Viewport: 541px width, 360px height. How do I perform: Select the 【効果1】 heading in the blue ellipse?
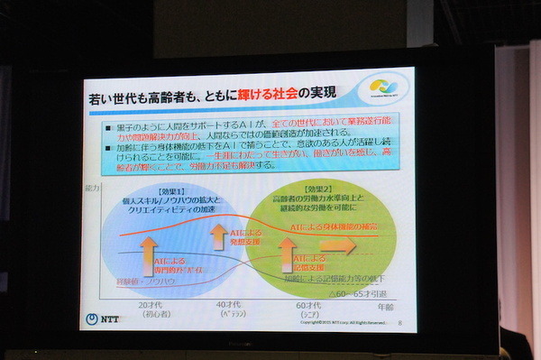pos(171,191)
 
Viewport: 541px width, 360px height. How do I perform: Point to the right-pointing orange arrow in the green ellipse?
pos(338,245)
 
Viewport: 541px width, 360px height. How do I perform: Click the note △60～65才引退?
pos(359,293)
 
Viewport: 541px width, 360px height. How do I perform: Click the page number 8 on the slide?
pos(398,318)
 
